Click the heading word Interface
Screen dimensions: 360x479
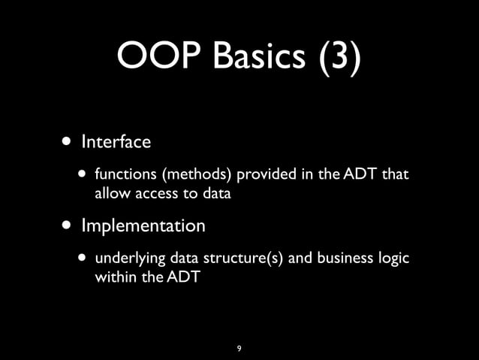tap(116, 141)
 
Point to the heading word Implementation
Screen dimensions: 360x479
tap(143, 225)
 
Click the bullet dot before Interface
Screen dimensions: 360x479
tap(68, 141)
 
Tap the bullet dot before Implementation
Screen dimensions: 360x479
tap(68, 225)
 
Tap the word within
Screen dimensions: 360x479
tap(113, 277)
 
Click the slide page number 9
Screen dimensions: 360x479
tap(239, 349)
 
